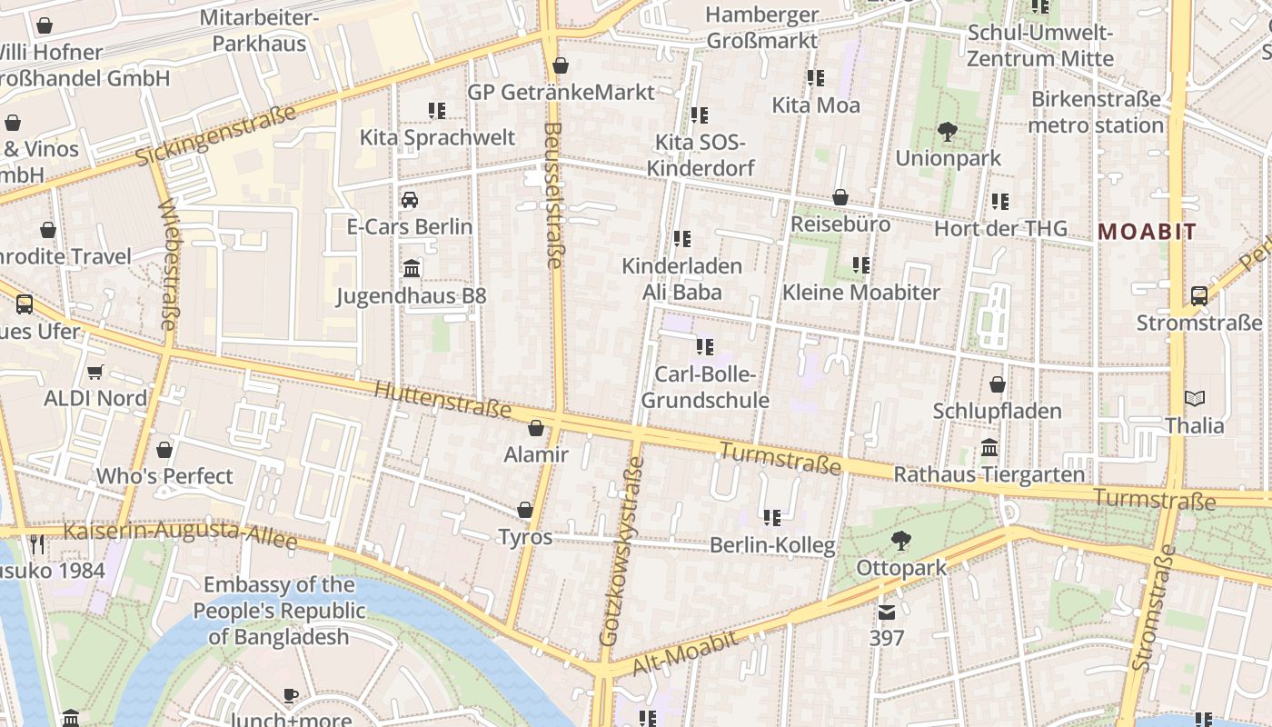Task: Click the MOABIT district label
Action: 1147,232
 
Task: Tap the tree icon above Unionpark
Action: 948,132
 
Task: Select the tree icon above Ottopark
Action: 900,542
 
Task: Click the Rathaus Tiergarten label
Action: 989,474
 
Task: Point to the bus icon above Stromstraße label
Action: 1199,296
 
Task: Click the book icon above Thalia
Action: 1195,399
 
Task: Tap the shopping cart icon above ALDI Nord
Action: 94,372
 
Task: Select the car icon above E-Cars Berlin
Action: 410,200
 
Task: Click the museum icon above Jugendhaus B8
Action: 411,268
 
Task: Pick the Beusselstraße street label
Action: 552,195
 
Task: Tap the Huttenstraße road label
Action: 442,399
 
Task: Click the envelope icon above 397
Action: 887,612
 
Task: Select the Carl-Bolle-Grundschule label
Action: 705,387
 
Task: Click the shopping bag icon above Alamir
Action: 536,428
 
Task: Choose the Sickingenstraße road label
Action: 215,136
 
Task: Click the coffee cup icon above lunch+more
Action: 291,696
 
